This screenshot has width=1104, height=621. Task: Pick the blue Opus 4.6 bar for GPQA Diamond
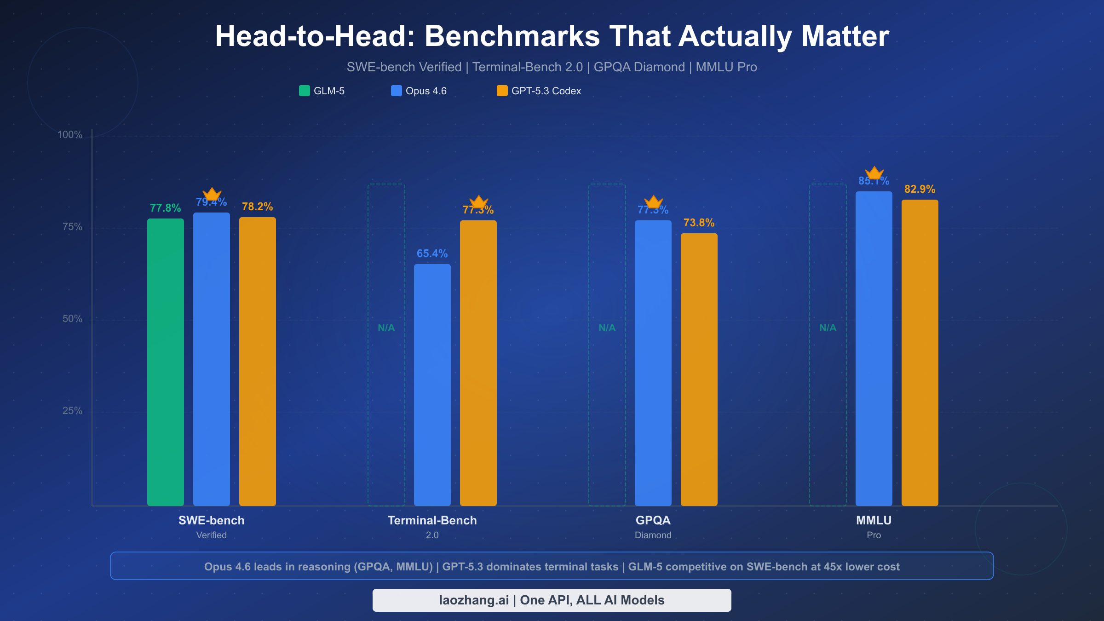point(653,363)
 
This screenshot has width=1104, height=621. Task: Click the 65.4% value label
point(432,253)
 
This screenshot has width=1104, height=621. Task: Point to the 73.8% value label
point(699,223)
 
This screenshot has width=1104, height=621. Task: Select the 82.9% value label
point(920,189)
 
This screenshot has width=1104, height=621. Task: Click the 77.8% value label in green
point(165,208)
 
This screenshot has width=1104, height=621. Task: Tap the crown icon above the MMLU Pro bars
point(874,173)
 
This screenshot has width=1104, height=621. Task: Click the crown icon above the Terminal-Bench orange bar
point(478,201)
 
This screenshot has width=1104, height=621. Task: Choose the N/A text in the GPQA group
point(607,328)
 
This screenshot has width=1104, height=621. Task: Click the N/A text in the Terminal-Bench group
point(386,328)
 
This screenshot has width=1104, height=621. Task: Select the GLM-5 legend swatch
point(305,91)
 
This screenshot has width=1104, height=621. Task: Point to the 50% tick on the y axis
point(72,319)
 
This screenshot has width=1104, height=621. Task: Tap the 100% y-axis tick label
point(69,135)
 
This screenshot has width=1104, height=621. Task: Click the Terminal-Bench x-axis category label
point(432,520)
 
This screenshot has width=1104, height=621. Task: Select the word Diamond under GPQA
point(653,535)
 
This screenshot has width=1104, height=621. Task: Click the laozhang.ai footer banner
point(552,600)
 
